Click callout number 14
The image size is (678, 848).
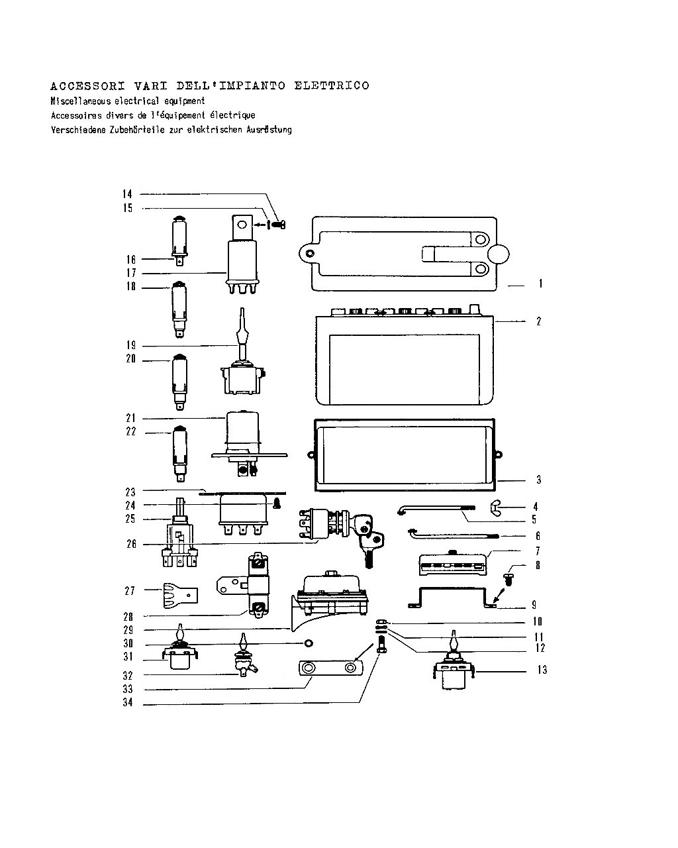(127, 194)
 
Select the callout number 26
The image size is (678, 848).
(131, 544)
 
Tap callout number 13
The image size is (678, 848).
(542, 670)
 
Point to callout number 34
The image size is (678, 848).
(128, 703)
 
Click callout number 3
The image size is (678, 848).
(538, 480)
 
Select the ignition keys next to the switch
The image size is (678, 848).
(368, 540)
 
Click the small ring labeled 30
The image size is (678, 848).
(309, 643)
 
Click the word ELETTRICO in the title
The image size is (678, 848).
(332, 85)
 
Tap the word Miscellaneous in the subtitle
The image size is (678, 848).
(81, 101)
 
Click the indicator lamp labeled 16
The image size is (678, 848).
(179, 240)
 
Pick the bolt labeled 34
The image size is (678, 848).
(381, 646)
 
